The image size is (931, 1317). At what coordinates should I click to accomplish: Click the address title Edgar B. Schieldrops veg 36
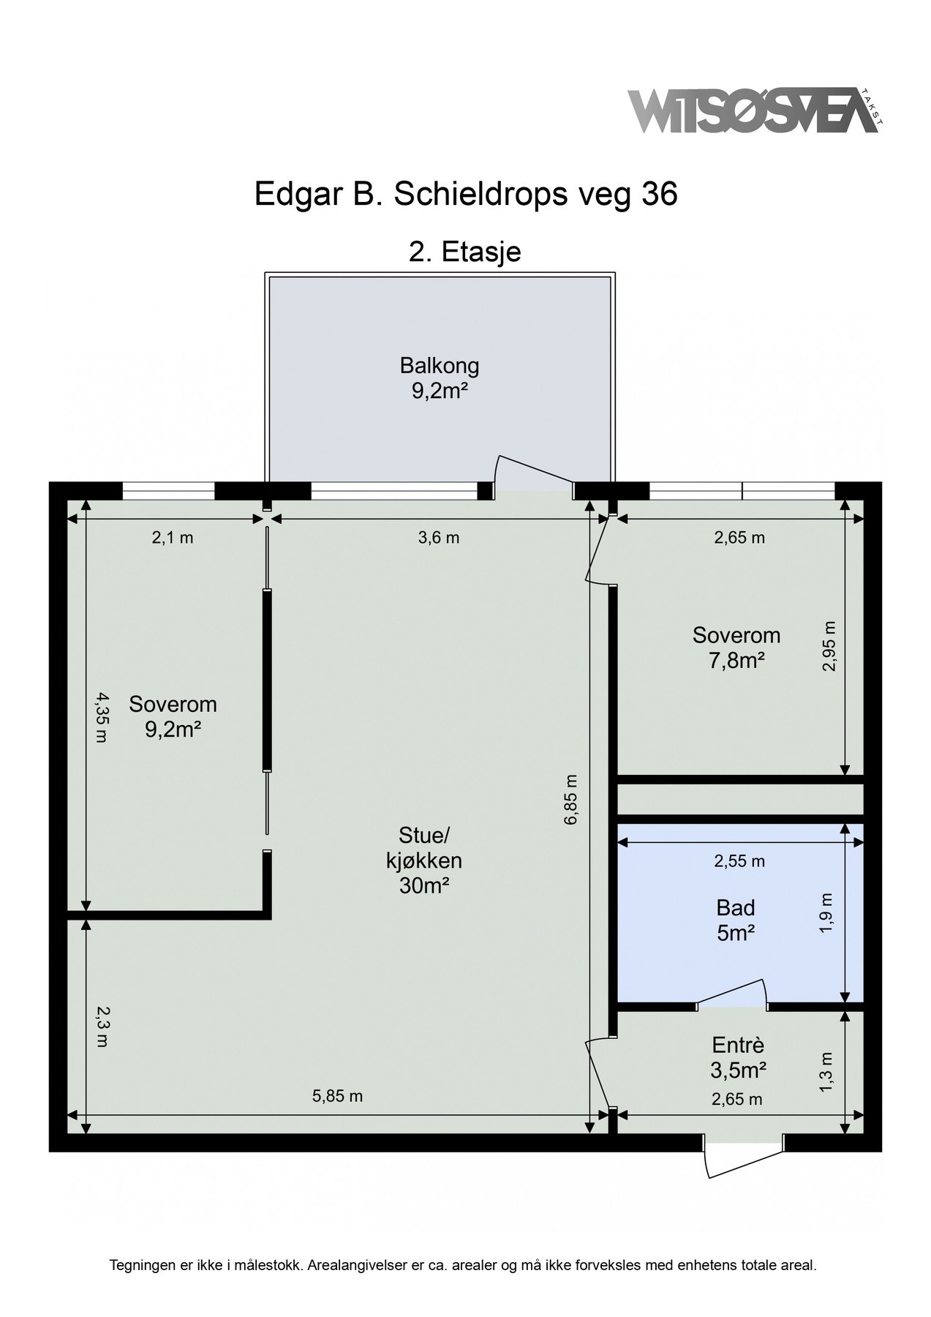[466, 195]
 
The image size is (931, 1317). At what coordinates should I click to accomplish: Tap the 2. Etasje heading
[465, 252]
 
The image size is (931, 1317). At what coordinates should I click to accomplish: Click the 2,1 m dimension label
[173, 538]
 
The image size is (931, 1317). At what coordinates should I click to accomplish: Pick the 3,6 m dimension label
[439, 538]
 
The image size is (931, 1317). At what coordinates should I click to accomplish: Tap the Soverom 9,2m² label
[173, 716]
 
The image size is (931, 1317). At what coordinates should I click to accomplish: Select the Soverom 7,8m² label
[736, 648]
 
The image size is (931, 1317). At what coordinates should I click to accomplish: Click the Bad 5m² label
[736, 920]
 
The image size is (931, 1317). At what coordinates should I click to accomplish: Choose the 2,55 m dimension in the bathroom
[739, 861]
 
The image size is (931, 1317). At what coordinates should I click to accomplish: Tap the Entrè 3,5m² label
[738, 1057]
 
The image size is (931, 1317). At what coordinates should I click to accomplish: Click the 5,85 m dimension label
[338, 1096]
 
